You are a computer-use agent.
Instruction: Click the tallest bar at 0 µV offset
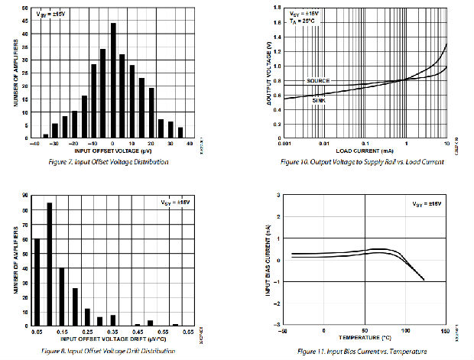point(113,80)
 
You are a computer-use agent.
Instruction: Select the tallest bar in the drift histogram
point(50,264)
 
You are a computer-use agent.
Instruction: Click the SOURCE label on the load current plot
point(317,80)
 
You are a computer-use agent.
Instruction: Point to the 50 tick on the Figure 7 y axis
point(27,8)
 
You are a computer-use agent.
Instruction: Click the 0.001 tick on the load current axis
point(284,143)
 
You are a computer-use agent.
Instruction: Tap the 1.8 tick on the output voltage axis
point(277,22)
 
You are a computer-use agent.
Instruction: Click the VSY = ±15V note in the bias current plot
point(426,204)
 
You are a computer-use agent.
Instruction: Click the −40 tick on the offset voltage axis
point(34,143)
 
